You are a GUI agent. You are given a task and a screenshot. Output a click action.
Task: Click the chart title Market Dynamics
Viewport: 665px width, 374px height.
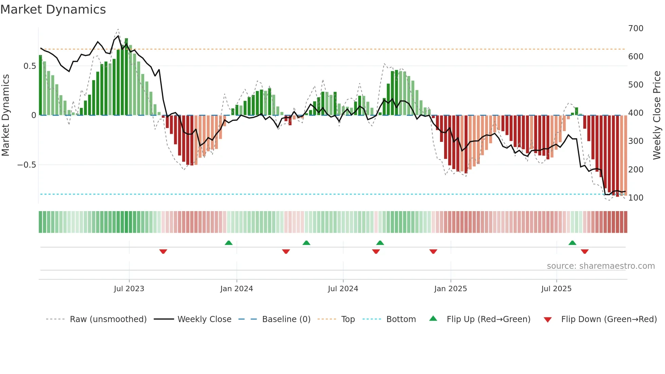pyautogui.click(x=53, y=10)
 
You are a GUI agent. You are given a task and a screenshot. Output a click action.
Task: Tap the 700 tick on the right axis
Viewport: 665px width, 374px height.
pyautogui.click(x=635, y=29)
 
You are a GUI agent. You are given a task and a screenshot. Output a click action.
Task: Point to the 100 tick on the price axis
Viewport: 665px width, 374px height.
pyautogui.click(x=635, y=198)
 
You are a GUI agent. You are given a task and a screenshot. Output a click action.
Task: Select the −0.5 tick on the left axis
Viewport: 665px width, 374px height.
pyautogui.click(x=26, y=165)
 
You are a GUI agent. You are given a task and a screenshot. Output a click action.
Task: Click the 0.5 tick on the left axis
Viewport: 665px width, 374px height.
pyautogui.click(x=30, y=66)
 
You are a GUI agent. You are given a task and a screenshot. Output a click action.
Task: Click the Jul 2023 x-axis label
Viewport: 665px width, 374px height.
pyautogui.click(x=129, y=289)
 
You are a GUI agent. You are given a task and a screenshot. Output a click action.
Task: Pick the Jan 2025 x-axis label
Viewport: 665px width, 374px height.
pyautogui.click(x=450, y=289)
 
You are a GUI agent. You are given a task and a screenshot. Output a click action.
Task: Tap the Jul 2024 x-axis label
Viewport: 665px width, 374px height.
pyautogui.click(x=343, y=289)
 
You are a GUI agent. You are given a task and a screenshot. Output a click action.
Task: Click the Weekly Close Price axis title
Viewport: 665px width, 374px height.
pyautogui.click(x=657, y=115)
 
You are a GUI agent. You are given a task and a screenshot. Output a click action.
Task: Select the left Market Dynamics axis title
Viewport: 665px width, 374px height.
pyautogui.click(x=5, y=115)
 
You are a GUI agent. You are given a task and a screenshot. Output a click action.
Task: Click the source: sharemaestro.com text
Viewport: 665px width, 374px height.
pyautogui.click(x=601, y=266)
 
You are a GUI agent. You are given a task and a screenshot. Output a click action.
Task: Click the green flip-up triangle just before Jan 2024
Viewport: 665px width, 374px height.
pyautogui.click(x=229, y=243)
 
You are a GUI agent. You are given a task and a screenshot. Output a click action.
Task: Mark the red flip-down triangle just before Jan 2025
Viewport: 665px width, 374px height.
pyautogui.click(x=433, y=251)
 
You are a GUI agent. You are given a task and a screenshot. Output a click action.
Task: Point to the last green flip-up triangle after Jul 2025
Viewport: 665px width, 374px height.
pyautogui.click(x=572, y=243)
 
